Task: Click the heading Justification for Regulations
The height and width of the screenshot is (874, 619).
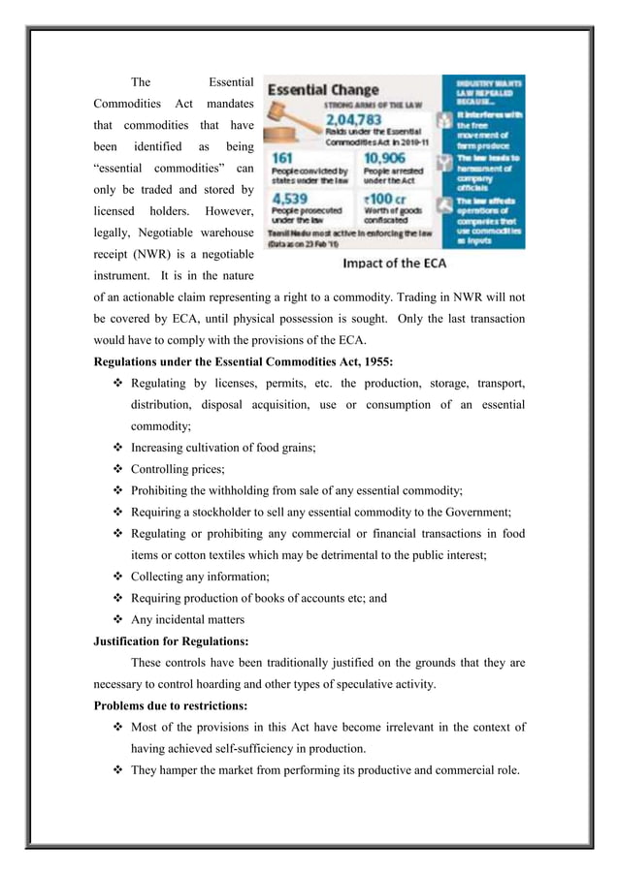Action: [173, 641]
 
